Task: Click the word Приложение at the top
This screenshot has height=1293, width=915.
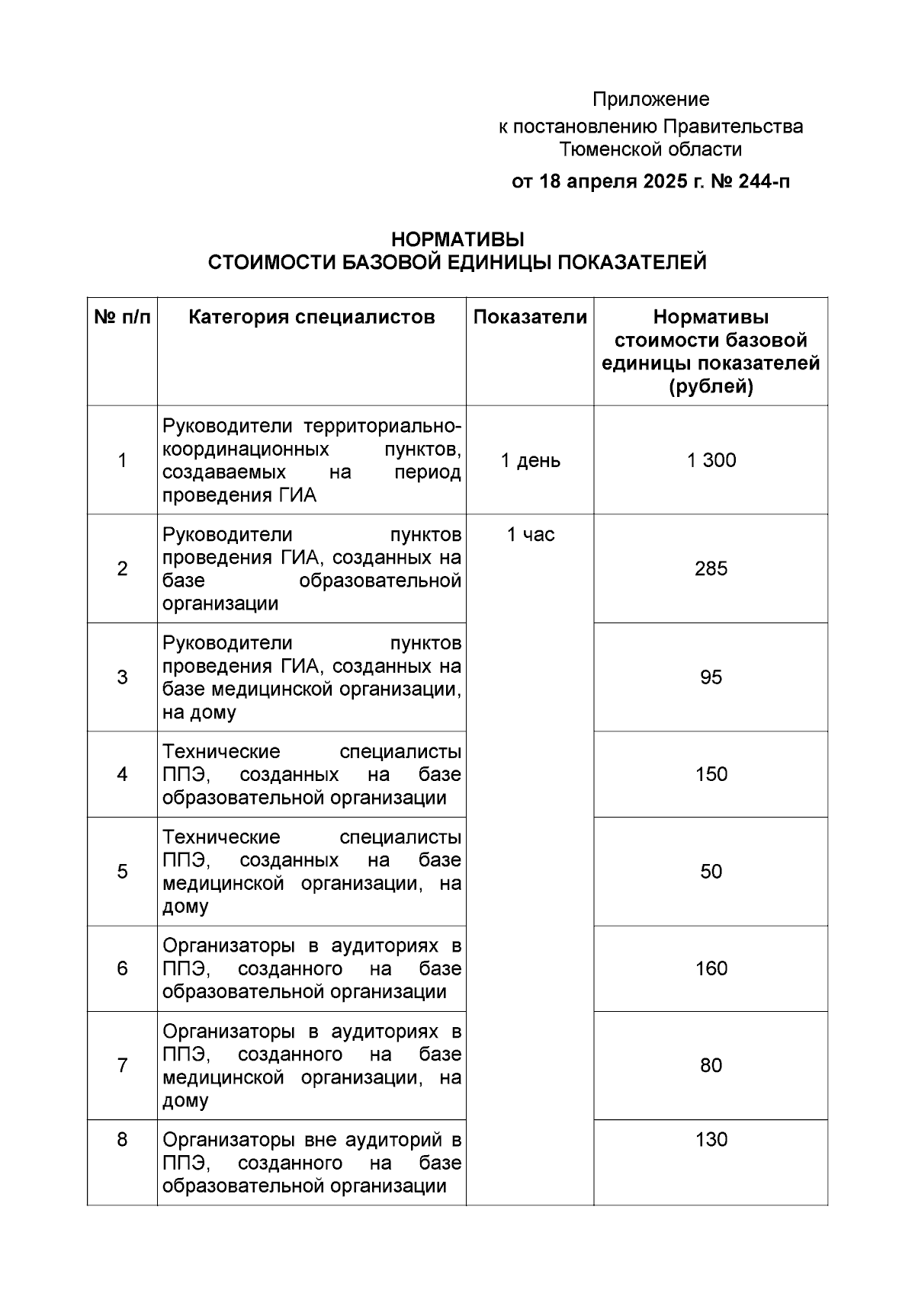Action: click(x=650, y=99)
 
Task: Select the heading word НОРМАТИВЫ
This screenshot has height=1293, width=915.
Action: click(x=457, y=239)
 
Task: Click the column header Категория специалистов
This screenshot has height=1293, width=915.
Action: click(x=311, y=317)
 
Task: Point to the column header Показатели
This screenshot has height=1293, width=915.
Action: click(x=530, y=317)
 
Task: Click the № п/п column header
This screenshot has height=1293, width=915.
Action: click(x=122, y=317)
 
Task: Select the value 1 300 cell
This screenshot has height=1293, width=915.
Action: click(x=711, y=460)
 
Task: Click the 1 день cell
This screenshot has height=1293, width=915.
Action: click(x=530, y=460)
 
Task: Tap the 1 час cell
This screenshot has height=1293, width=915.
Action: click(x=530, y=535)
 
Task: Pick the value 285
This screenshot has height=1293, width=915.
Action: click(x=711, y=568)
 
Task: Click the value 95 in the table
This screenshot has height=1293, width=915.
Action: click(x=711, y=677)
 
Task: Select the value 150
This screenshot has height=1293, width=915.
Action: click(x=711, y=774)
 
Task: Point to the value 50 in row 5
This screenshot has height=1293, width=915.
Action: click(x=711, y=872)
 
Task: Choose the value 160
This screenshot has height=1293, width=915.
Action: click(x=711, y=968)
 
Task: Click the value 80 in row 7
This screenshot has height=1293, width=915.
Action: click(x=711, y=1065)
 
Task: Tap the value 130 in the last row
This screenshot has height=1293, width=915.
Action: click(x=711, y=1140)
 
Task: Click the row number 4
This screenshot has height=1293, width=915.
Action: click(x=122, y=774)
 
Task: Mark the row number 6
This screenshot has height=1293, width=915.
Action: click(x=122, y=968)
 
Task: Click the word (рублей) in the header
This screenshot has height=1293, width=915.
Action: click(x=711, y=387)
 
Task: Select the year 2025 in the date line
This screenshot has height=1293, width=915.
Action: click(x=664, y=182)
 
